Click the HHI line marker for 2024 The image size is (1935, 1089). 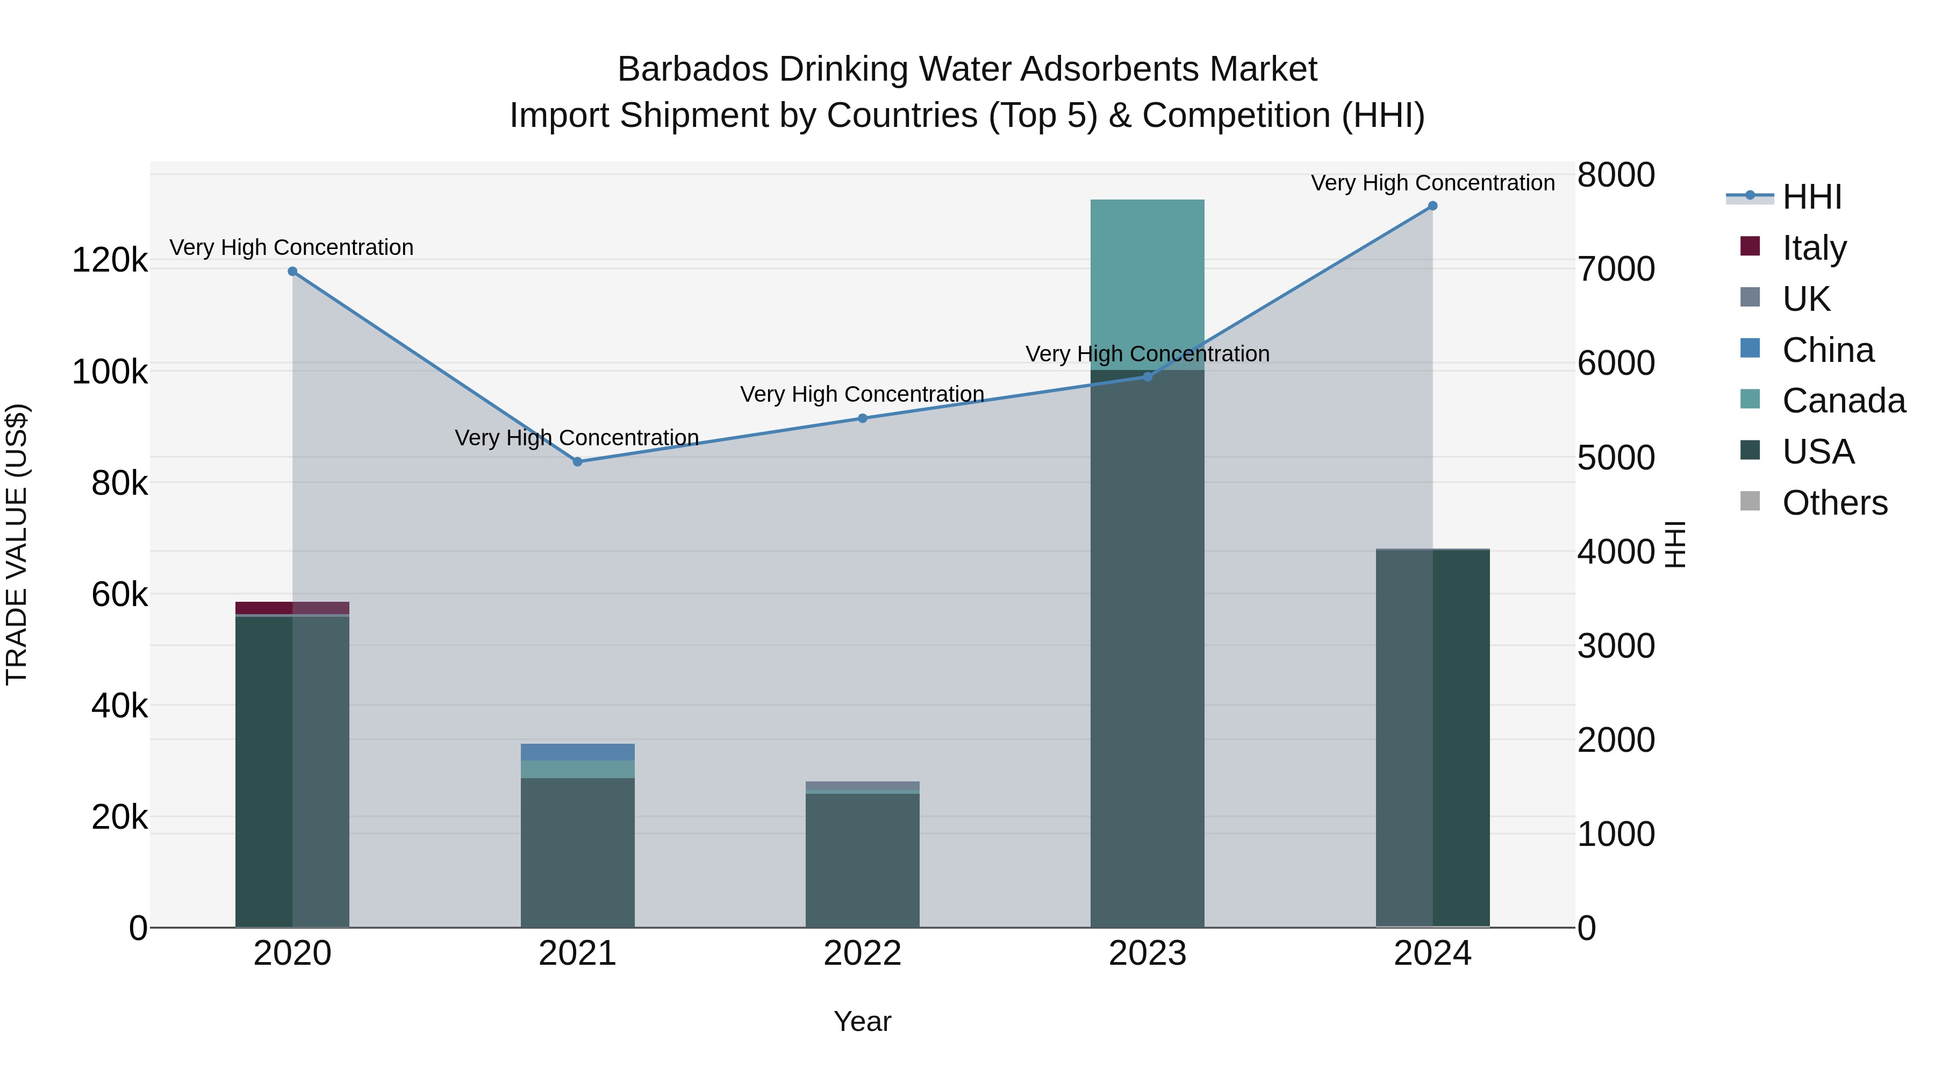pyautogui.click(x=1432, y=206)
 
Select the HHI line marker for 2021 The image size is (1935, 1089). pyautogui.click(x=577, y=461)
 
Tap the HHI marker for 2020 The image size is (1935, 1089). pyautogui.click(x=292, y=272)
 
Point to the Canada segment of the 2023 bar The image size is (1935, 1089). pyautogui.click(x=1147, y=284)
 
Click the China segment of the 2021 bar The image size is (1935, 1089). pyautogui.click(x=577, y=752)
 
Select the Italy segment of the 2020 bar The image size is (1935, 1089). pyautogui.click(x=292, y=607)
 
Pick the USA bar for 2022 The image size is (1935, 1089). pyautogui.click(x=862, y=860)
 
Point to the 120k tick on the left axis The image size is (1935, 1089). pyautogui.click(x=110, y=261)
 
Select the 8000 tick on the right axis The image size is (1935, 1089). pyautogui.click(x=1616, y=175)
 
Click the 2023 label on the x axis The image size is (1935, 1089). pyautogui.click(x=1147, y=953)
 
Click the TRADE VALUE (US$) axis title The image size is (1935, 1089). pyautogui.click(x=17, y=544)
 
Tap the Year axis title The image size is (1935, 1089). pyautogui.click(x=862, y=1021)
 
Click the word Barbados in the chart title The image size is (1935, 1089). pyautogui.click(x=693, y=69)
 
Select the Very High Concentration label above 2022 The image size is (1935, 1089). pyautogui.click(x=862, y=394)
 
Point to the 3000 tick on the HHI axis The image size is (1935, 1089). pyautogui.click(x=1616, y=645)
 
